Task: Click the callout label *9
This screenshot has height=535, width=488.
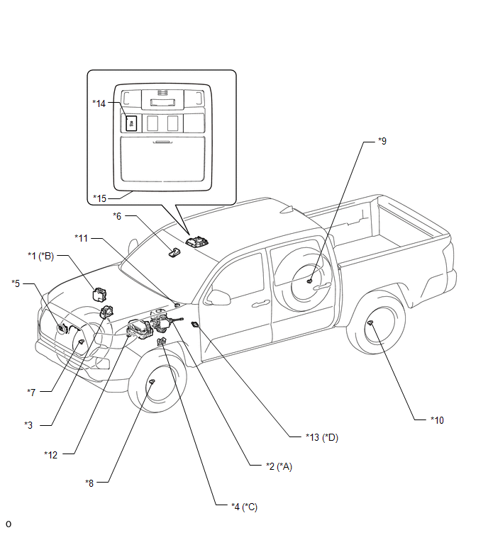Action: (x=383, y=142)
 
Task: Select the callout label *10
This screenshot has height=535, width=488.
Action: (x=437, y=420)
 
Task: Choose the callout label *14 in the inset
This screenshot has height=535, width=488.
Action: (x=99, y=103)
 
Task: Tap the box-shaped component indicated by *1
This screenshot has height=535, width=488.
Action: (x=104, y=293)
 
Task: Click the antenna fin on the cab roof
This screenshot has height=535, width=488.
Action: (x=287, y=209)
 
